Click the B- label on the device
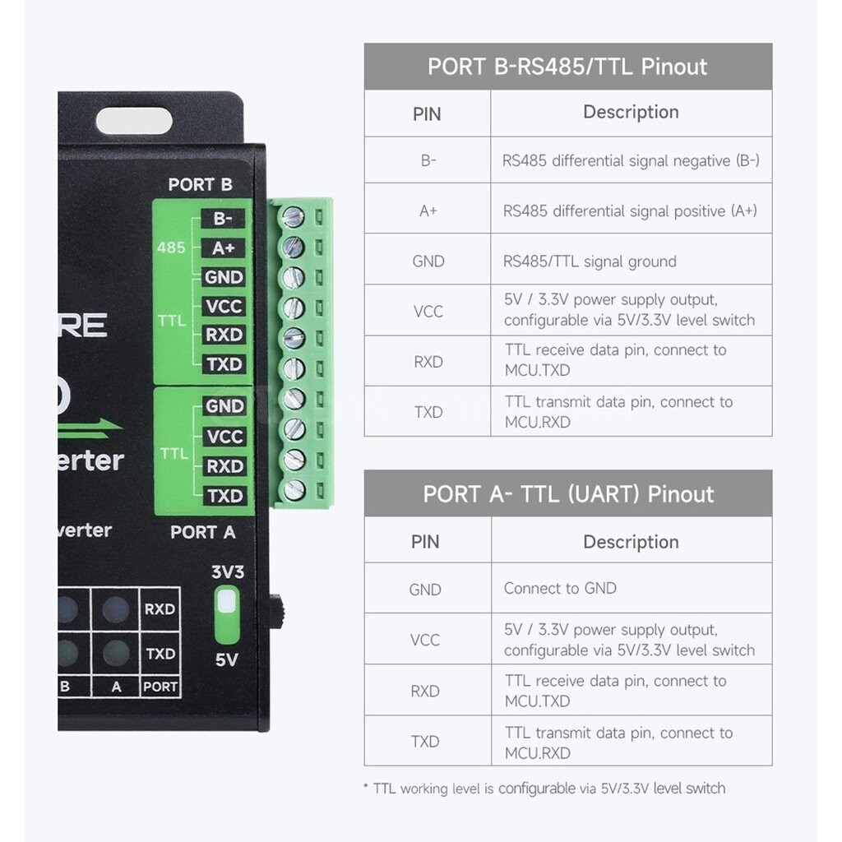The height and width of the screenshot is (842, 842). (x=223, y=219)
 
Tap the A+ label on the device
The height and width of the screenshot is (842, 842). (x=224, y=248)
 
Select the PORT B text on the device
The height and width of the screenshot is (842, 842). (x=201, y=185)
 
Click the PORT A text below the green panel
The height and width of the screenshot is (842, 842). (x=203, y=532)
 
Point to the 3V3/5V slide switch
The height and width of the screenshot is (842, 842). (x=227, y=615)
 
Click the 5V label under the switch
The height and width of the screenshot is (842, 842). (x=227, y=659)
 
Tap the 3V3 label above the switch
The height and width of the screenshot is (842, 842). (x=228, y=572)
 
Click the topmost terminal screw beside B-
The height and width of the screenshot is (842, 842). (x=294, y=217)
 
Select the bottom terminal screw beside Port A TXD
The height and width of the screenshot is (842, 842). (x=294, y=490)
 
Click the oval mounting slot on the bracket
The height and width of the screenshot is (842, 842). (x=134, y=121)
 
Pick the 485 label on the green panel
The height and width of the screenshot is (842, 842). (x=171, y=248)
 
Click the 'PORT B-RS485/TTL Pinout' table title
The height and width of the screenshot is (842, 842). (x=567, y=67)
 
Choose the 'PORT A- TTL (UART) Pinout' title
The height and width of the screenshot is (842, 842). (x=568, y=494)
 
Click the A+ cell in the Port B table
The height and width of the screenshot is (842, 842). (x=428, y=210)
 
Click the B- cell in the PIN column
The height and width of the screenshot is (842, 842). (x=428, y=160)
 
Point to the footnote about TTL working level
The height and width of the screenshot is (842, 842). (x=544, y=789)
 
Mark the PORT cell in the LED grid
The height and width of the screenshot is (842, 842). (x=160, y=687)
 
